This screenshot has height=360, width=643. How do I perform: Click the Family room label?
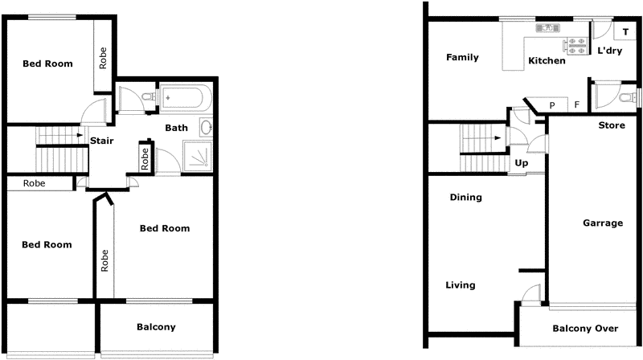pyautogui.click(x=463, y=58)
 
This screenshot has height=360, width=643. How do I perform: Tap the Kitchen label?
pyautogui.click(x=547, y=61)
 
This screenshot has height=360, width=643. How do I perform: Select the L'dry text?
pyautogui.click(x=610, y=51)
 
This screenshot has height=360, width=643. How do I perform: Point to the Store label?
pyautogui.click(x=612, y=125)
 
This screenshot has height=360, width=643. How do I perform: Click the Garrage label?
pyautogui.click(x=603, y=223)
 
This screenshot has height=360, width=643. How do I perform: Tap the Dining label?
pyautogui.click(x=465, y=198)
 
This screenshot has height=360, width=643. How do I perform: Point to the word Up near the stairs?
pyautogui.click(x=522, y=162)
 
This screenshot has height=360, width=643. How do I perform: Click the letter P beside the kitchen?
pyautogui.click(x=552, y=105)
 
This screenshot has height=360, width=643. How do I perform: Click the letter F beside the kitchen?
pyautogui.click(x=576, y=105)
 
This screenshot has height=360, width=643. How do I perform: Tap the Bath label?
pyautogui.click(x=176, y=128)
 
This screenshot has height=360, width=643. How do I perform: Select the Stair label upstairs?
pyautogui.click(x=101, y=141)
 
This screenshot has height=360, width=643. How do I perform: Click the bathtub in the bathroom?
pyautogui.click(x=185, y=98)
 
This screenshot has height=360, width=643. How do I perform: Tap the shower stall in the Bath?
pyautogui.click(x=198, y=156)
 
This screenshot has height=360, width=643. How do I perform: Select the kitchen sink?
pyautogui.click(x=547, y=28)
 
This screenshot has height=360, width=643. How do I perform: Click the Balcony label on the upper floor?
pyautogui.click(x=156, y=327)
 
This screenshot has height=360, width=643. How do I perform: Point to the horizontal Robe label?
pyautogui.click(x=35, y=183)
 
